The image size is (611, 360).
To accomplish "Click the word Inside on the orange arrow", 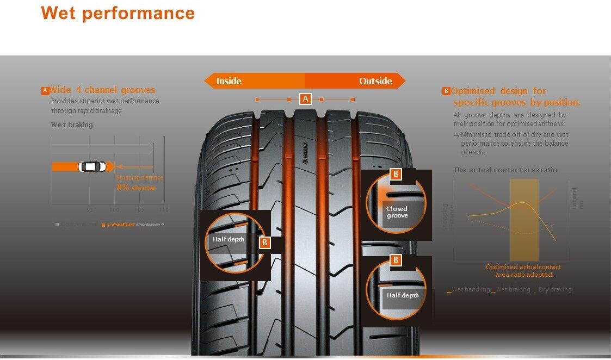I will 229,81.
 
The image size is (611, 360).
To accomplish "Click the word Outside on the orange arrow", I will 375,81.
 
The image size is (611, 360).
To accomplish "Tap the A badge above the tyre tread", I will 305,98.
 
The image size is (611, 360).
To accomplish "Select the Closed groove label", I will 397,212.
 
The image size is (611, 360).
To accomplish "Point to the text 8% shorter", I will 136,188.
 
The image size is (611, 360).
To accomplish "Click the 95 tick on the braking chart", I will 90,209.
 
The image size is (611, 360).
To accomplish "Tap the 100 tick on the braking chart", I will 114,209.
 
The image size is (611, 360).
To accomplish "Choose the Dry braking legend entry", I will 554,290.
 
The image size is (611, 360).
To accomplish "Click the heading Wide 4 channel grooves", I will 102,90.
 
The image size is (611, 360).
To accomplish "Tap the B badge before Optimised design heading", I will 446,91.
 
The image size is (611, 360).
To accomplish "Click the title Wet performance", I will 118,13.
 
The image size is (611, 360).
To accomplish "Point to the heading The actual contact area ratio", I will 505,170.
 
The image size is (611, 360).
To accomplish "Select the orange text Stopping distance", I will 139,177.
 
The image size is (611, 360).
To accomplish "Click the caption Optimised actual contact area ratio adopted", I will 523,271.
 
